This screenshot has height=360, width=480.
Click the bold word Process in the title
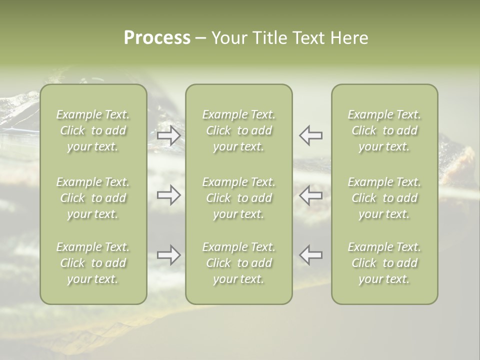click(157, 38)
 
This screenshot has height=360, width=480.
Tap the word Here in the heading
click(348, 38)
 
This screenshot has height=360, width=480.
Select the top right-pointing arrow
click(168, 135)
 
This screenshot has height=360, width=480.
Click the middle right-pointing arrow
click(168, 195)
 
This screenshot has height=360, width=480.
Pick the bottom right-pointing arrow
click(168, 255)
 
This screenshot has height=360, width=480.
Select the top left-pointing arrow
click(310, 135)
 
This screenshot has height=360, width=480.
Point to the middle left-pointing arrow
click(310, 195)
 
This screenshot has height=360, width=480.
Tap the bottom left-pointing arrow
click(310, 255)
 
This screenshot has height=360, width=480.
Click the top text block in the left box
click(93, 130)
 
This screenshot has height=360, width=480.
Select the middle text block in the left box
click(93, 198)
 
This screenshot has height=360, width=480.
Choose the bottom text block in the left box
click(93, 263)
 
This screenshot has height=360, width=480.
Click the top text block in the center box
click(238, 130)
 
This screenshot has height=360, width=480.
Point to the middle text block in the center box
click(238, 198)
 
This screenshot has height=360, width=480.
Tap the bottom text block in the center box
click(238, 263)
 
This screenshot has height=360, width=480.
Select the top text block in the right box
click(384, 130)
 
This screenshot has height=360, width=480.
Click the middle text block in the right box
click(384, 198)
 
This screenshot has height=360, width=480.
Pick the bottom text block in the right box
click(384, 263)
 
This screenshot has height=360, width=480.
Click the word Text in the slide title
click(307, 38)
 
